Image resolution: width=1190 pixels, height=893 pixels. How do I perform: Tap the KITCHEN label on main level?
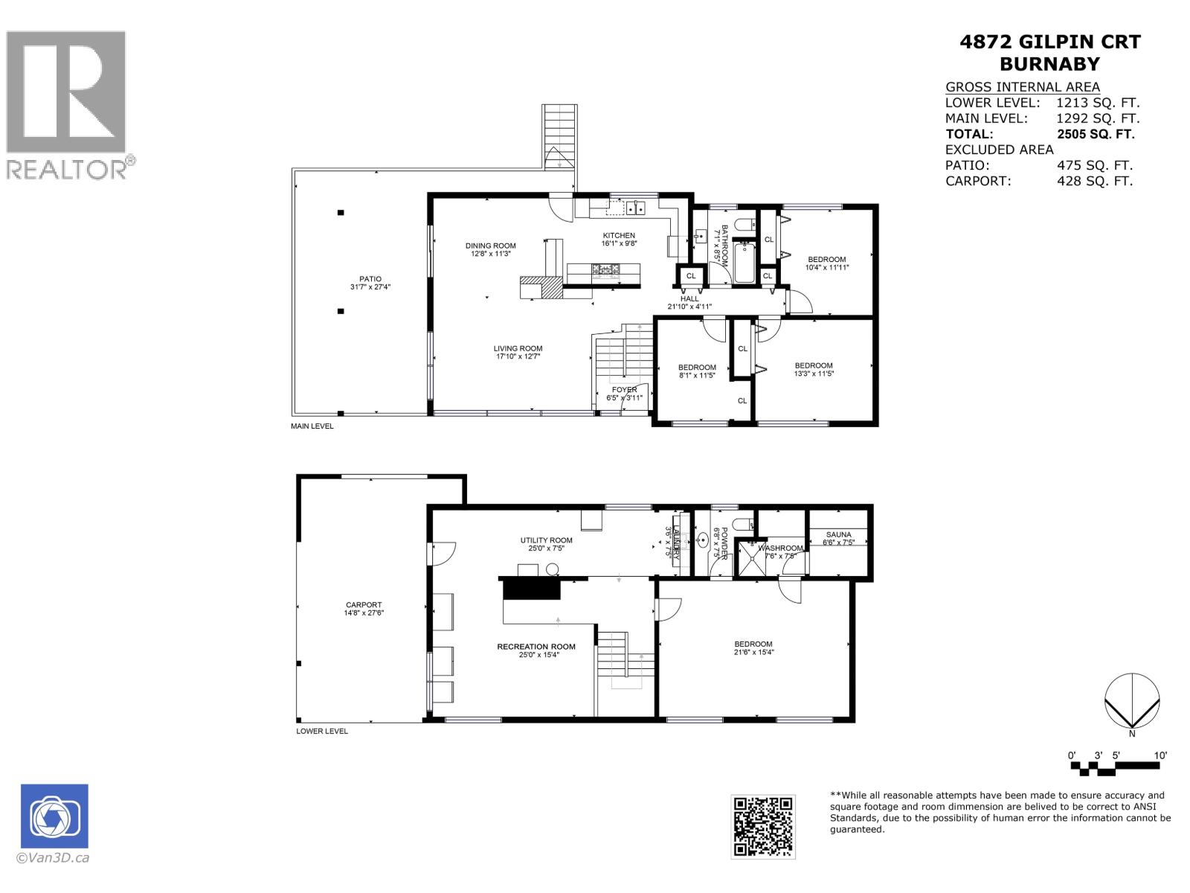click(x=618, y=236)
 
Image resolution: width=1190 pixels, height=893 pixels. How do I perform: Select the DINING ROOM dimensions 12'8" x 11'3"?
click(x=490, y=255)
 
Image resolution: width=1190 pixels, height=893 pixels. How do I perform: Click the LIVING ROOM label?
click(x=518, y=348)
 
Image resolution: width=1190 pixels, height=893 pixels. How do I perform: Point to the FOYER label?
click(x=624, y=390)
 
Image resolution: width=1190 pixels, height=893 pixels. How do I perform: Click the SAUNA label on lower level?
click(x=838, y=534)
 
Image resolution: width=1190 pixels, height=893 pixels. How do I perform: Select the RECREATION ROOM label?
click(x=536, y=647)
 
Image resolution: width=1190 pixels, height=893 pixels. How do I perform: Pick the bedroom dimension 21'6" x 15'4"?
click(x=753, y=653)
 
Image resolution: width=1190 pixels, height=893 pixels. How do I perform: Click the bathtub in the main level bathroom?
click(x=744, y=263)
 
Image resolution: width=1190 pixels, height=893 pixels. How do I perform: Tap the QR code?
click(x=762, y=826)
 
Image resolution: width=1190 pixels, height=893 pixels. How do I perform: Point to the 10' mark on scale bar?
click(x=1160, y=755)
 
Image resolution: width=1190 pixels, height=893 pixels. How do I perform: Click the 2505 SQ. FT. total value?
click(x=1095, y=135)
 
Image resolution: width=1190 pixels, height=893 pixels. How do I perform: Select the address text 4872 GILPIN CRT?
click(x=1049, y=42)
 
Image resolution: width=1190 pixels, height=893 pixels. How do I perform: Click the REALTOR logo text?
click(x=68, y=169)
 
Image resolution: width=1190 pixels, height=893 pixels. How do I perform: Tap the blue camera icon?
click(x=54, y=816)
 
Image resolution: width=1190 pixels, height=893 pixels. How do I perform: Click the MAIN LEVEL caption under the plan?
click(x=312, y=426)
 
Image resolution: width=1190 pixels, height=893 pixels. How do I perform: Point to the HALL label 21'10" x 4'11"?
click(x=689, y=302)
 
